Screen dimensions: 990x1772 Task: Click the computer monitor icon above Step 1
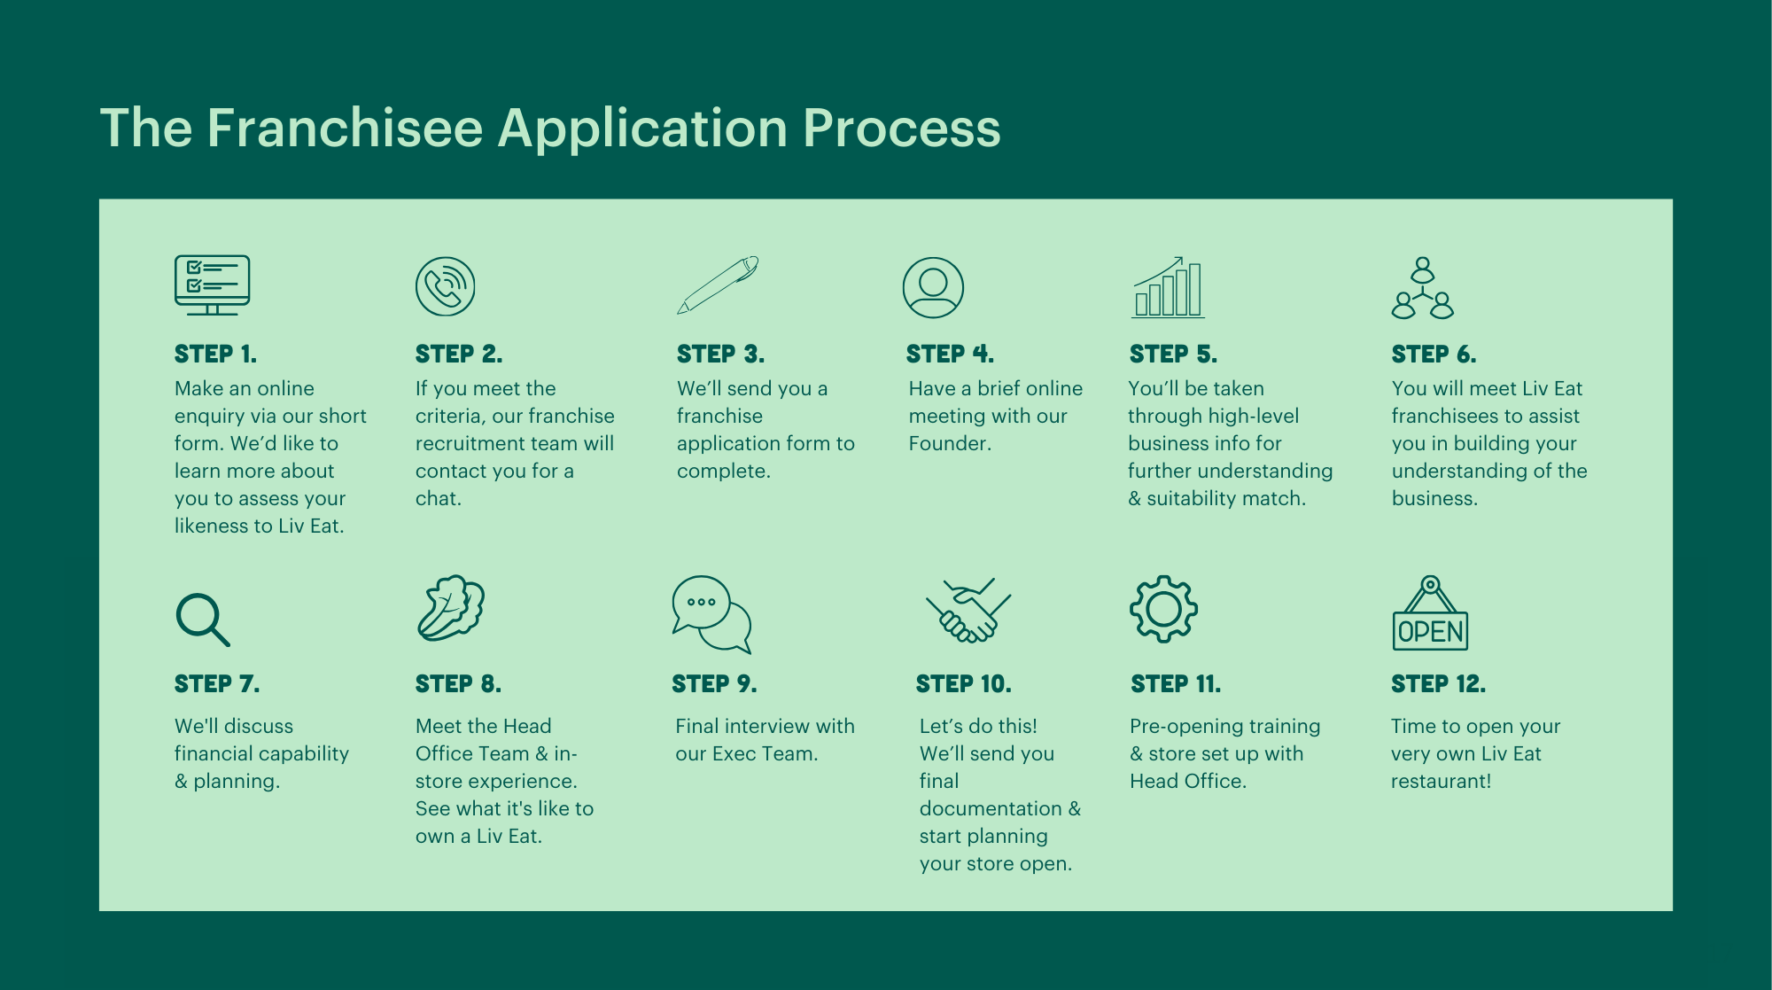point(212,285)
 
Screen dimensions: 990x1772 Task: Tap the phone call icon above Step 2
point(445,286)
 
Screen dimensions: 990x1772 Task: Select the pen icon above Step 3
point(718,285)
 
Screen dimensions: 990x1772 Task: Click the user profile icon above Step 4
point(933,288)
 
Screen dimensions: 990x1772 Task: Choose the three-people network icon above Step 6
point(1422,288)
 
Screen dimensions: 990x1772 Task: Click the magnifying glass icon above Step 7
point(202,619)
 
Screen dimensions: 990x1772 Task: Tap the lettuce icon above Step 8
point(451,608)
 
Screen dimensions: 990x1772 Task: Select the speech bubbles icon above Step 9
point(711,614)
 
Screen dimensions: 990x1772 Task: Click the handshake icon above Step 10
point(968,610)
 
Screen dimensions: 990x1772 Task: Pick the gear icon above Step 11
point(1163,609)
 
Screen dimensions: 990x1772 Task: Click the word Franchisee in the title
point(345,128)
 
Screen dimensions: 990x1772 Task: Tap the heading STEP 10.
point(963,684)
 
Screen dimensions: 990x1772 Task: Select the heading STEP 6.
point(1433,355)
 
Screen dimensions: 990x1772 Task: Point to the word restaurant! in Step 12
point(1441,781)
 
